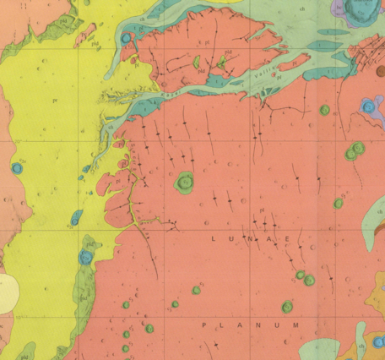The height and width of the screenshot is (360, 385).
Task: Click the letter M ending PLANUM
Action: pos(296,325)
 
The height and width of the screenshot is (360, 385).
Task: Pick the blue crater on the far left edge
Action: pos(17,167)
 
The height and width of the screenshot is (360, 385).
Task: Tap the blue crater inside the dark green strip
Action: pos(84,257)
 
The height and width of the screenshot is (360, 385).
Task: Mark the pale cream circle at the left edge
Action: pos(7,292)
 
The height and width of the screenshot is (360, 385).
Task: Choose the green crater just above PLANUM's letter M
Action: pos(287,307)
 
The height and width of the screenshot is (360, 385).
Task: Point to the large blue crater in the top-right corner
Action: pos(361,10)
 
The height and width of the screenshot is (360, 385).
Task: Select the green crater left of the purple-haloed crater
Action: pos(324,110)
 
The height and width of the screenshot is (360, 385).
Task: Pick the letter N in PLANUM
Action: pos(258,325)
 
